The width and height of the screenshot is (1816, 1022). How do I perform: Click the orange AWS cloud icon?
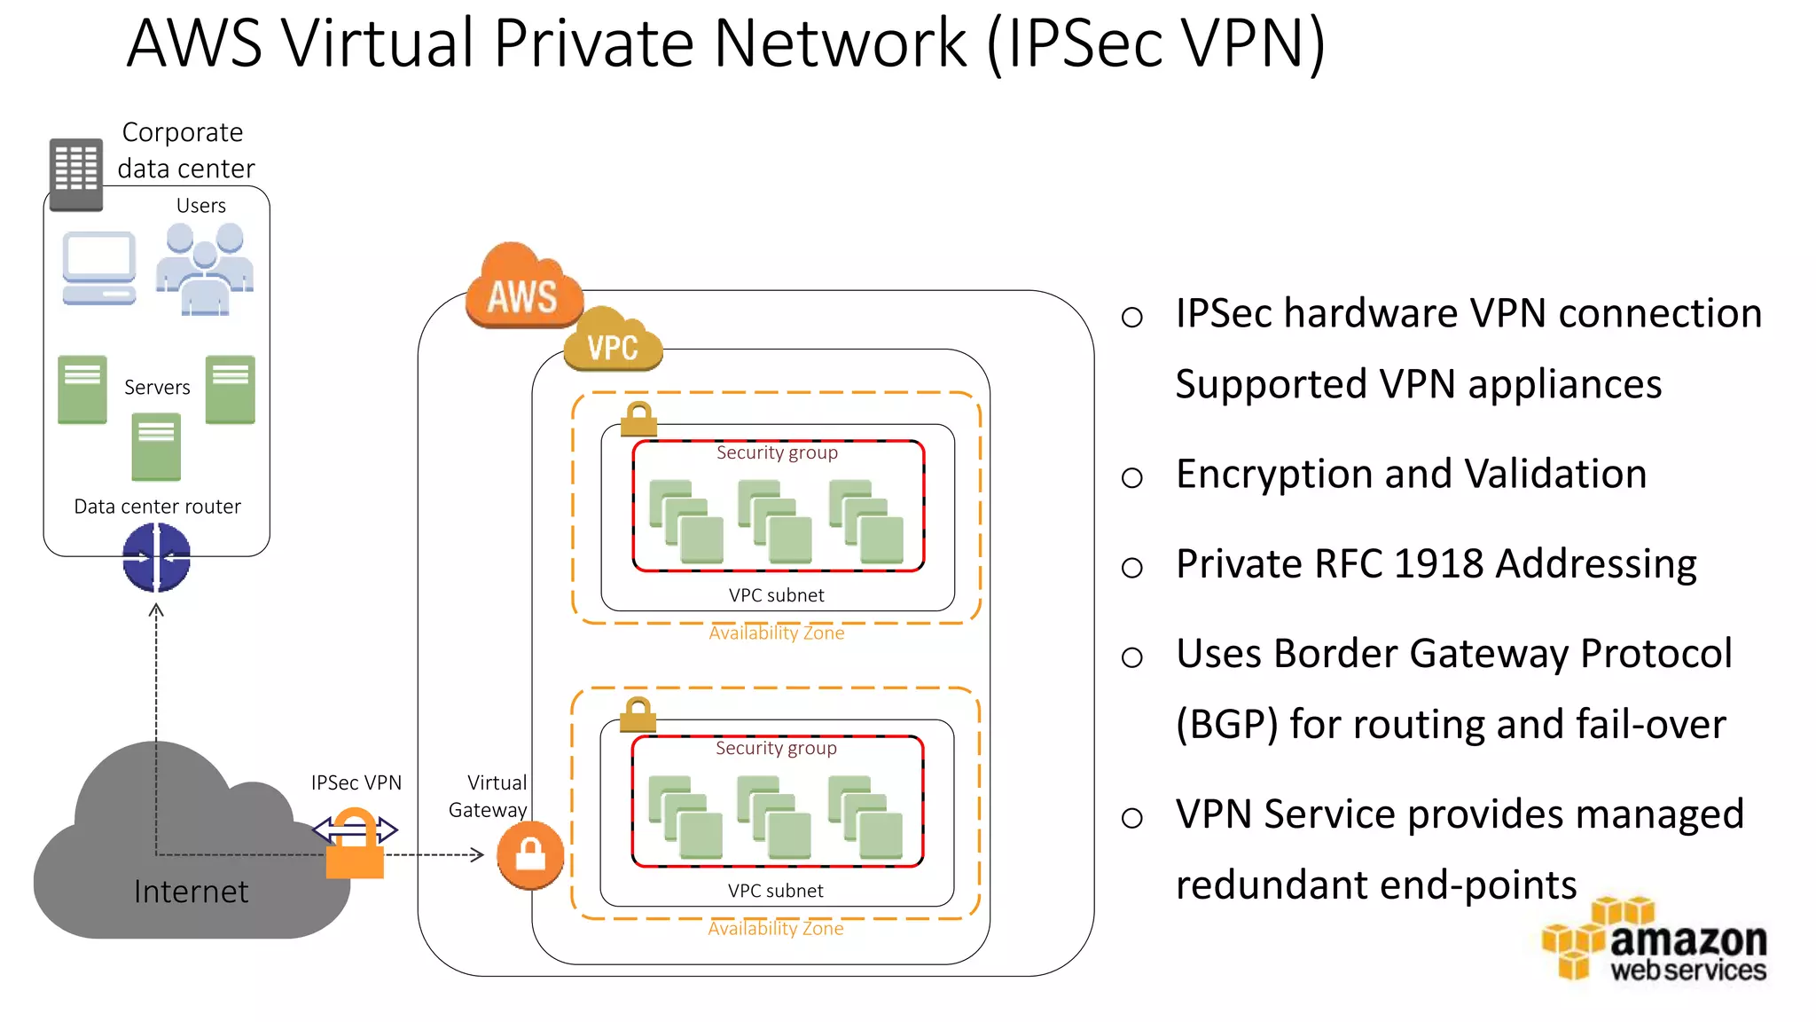point(524,287)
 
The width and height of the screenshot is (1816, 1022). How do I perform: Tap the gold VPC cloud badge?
point(613,342)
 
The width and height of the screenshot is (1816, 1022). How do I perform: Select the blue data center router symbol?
point(156,557)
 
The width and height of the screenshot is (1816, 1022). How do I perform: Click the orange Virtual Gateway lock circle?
point(530,855)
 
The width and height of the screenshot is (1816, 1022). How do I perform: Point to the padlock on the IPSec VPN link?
point(355,847)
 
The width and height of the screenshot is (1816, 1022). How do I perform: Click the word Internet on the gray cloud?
point(191,891)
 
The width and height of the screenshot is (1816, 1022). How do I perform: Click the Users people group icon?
point(205,269)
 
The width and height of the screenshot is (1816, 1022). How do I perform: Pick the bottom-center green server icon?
point(156,447)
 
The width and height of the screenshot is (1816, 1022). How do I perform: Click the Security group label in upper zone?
point(777,452)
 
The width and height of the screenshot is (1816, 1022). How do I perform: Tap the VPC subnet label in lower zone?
point(775,891)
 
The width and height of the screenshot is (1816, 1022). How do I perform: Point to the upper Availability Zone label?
point(776,633)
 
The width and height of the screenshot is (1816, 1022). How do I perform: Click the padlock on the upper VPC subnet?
point(638,419)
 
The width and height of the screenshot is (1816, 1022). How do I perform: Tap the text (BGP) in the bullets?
point(1227,725)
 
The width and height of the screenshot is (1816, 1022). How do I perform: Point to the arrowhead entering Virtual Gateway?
point(478,855)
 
